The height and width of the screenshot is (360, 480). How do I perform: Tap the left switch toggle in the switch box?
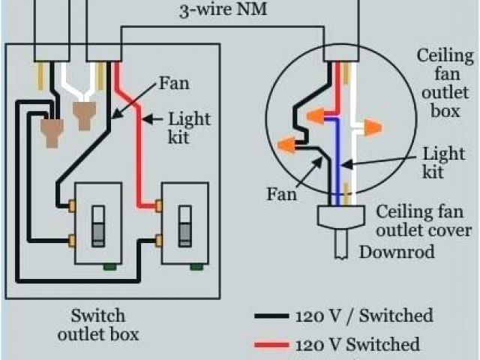click(x=97, y=226)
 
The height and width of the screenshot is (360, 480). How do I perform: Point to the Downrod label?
click(x=397, y=252)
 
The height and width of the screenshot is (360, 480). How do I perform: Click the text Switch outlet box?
click(x=98, y=323)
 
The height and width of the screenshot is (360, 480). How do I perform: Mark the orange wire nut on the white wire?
click(x=369, y=128)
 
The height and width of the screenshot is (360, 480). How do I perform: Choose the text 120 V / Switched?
click(x=356, y=315)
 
